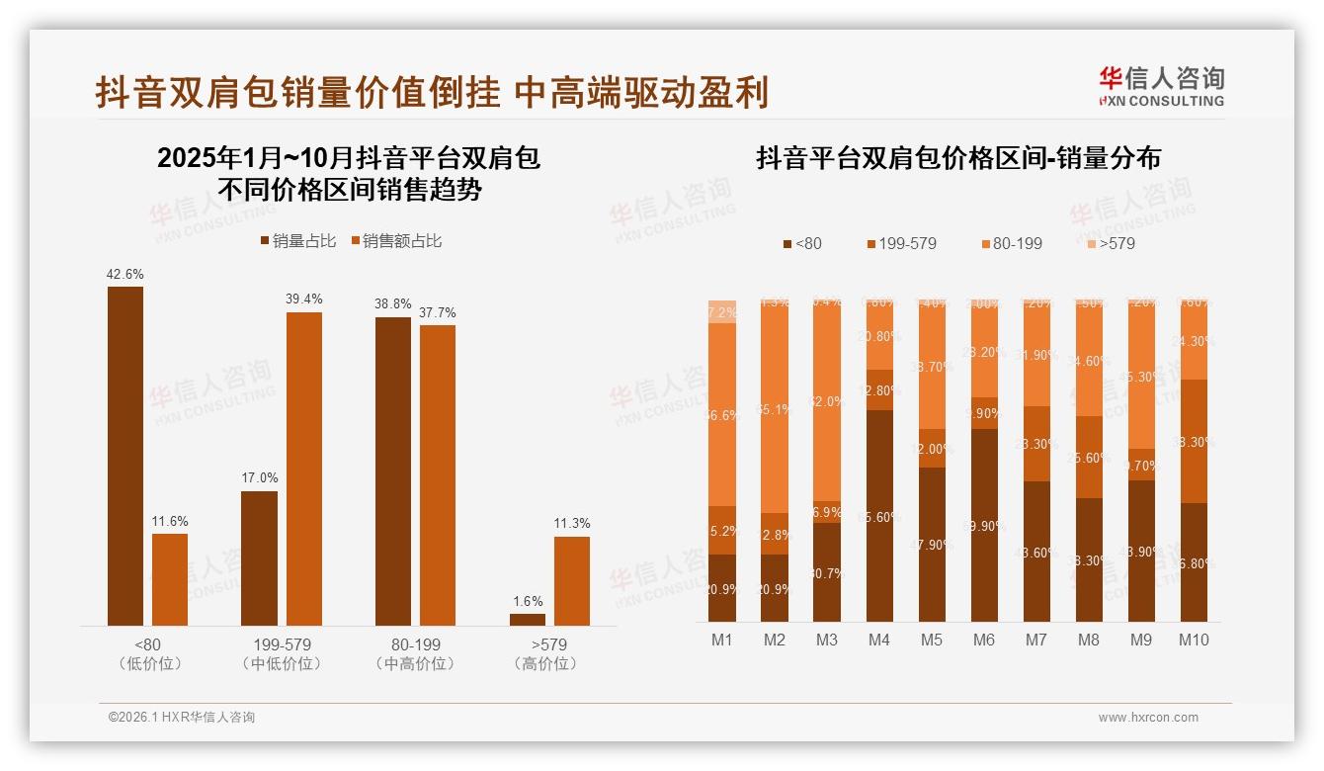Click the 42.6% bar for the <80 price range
(x=125, y=456)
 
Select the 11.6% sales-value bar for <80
(x=170, y=579)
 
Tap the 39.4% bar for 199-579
(x=304, y=469)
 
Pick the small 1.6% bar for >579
(x=528, y=620)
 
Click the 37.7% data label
(x=438, y=313)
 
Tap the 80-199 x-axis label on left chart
(x=415, y=644)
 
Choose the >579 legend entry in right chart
(x=1111, y=243)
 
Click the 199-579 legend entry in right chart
(x=901, y=243)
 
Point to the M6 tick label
(x=983, y=640)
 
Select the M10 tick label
(x=1194, y=640)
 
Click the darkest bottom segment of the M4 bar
(x=879, y=515)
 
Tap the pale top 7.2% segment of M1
(x=722, y=311)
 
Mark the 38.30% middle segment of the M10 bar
(x=1194, y=441)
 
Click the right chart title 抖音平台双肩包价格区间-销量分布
(x=957, y=158)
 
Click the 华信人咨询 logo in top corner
(x=1161, y=86)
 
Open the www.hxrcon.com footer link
(x=1148, y=718)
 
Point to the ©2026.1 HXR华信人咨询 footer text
(x=181, y=718)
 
